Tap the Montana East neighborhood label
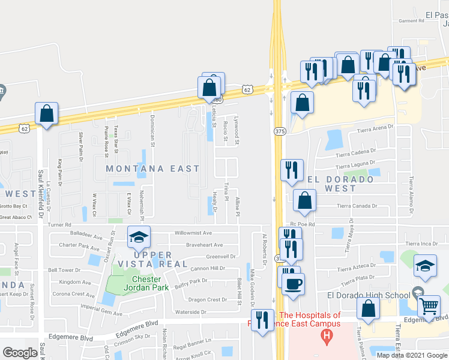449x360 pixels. [152, 169]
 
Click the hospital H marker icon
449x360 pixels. [327, 336]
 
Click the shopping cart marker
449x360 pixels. [429, 305]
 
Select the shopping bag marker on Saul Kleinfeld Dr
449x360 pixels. [47, 113]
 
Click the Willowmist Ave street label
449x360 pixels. [193, 233]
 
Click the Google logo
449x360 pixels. [20, 353]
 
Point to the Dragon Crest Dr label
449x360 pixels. [208, 299]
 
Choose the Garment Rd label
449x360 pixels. [412, 20]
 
